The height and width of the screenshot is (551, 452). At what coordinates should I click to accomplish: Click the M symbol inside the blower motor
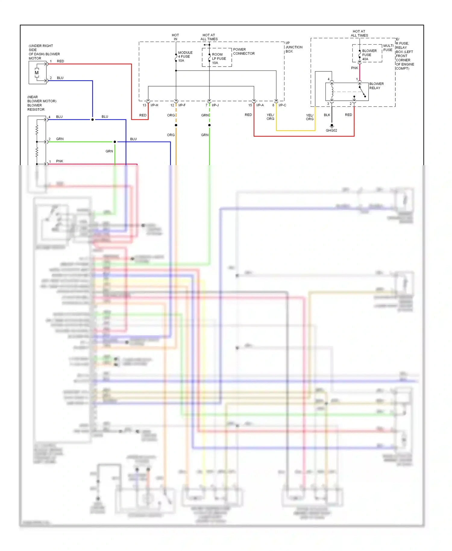point(36,73)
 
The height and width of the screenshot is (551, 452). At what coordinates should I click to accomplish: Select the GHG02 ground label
point(331,131)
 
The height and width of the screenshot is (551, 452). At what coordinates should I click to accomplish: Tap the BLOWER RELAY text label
point(376,86)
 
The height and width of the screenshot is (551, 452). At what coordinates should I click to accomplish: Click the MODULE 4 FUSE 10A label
point(185,57)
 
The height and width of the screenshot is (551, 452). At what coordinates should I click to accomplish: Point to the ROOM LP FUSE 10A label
point(219,59)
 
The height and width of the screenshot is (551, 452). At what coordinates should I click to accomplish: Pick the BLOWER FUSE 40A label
point(369,55)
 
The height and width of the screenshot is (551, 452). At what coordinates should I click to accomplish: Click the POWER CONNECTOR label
point(243,52)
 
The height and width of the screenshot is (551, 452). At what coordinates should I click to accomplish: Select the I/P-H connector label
point(154,105)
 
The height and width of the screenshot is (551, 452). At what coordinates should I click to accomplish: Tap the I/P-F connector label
point(182,105)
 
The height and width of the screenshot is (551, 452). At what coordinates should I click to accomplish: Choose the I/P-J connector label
point(215,105)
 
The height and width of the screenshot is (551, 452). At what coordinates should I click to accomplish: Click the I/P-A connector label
point(260,105)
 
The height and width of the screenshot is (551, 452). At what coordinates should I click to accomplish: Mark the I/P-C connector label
point(282,105)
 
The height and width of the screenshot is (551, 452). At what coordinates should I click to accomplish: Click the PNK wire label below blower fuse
point(354,68)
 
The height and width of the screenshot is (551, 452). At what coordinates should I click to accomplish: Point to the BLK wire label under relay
point(327,115)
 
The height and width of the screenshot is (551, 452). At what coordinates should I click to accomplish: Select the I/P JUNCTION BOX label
point(293,47)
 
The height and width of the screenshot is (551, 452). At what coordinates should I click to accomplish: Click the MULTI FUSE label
point(388,48)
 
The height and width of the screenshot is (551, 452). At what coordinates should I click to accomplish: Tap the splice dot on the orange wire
point(176,125)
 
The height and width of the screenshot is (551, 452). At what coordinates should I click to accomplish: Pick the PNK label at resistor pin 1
point(60,161)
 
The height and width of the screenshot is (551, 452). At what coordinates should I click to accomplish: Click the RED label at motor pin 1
point(60,61)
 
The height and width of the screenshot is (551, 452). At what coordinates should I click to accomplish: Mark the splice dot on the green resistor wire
point(115,142)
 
